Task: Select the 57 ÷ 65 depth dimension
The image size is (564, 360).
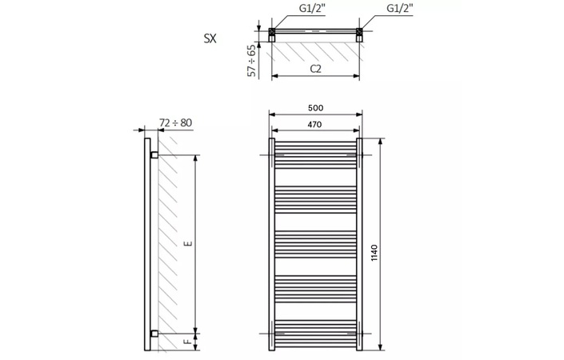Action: coord(252,60)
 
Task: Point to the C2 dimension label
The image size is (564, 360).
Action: coord(315,69)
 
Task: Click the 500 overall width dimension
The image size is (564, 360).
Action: coord(315,108)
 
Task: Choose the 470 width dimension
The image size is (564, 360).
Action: coord(315,124)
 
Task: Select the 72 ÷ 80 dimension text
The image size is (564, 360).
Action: coord(176,122)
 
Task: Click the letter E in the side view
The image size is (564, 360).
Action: coord(187,242)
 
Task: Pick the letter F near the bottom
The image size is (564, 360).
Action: coord(187,342)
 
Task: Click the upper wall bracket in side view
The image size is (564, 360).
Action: coord(154,153)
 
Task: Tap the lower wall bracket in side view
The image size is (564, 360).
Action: coord(154,332)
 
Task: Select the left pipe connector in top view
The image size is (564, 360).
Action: coord(273,34)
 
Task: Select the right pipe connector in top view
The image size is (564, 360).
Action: coord(359,34)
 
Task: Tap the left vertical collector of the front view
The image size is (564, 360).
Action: coord(271,244)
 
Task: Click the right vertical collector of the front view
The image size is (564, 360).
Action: coord(359,244)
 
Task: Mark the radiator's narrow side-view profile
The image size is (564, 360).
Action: coord(147,244)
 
